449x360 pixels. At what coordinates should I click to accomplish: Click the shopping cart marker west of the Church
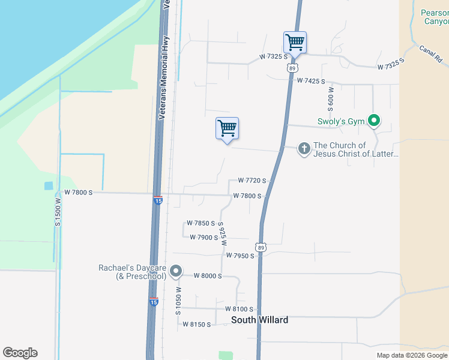227,128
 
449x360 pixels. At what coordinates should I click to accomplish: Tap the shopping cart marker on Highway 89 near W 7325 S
295,43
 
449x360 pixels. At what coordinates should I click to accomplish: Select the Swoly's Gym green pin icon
374,121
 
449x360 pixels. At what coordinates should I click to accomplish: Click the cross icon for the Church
304,149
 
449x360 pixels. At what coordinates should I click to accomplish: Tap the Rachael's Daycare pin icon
176,271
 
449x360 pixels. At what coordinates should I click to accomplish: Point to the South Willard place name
259,320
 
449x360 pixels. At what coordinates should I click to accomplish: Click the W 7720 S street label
252,181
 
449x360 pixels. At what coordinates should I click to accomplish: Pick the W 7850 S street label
200,223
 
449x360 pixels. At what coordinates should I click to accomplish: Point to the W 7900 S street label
203,238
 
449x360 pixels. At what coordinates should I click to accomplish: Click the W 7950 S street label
240,256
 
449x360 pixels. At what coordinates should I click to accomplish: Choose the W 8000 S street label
208,276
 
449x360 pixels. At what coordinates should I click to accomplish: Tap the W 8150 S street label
196,325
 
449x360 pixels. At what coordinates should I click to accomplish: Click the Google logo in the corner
20,353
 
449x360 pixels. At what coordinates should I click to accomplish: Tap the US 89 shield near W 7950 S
260,247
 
